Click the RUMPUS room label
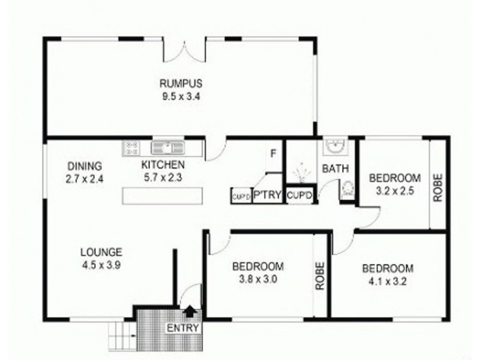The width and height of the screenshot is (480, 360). [x=180, y=83]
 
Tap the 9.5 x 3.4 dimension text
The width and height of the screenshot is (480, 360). [x=180, y=95]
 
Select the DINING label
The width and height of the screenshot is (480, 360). [x=85, y=166]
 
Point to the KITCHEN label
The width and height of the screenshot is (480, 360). [x=163, y=165]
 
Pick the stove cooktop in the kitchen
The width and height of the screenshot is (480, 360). [x=131, y=147]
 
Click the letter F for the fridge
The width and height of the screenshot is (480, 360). [x=272, y=154]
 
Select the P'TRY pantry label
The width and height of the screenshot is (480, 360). [x=267, y=196]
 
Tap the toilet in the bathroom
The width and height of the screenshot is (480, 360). [x=347, y=191]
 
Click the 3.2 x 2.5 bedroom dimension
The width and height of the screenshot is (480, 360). [x=394, y=190]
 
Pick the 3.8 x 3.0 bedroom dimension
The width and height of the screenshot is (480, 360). [x=257, y=278]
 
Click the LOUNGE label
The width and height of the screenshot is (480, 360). [x=103, y=252]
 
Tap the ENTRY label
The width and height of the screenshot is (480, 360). [x=182, y=328]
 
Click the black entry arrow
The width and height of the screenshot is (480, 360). [x=190, y=310]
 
